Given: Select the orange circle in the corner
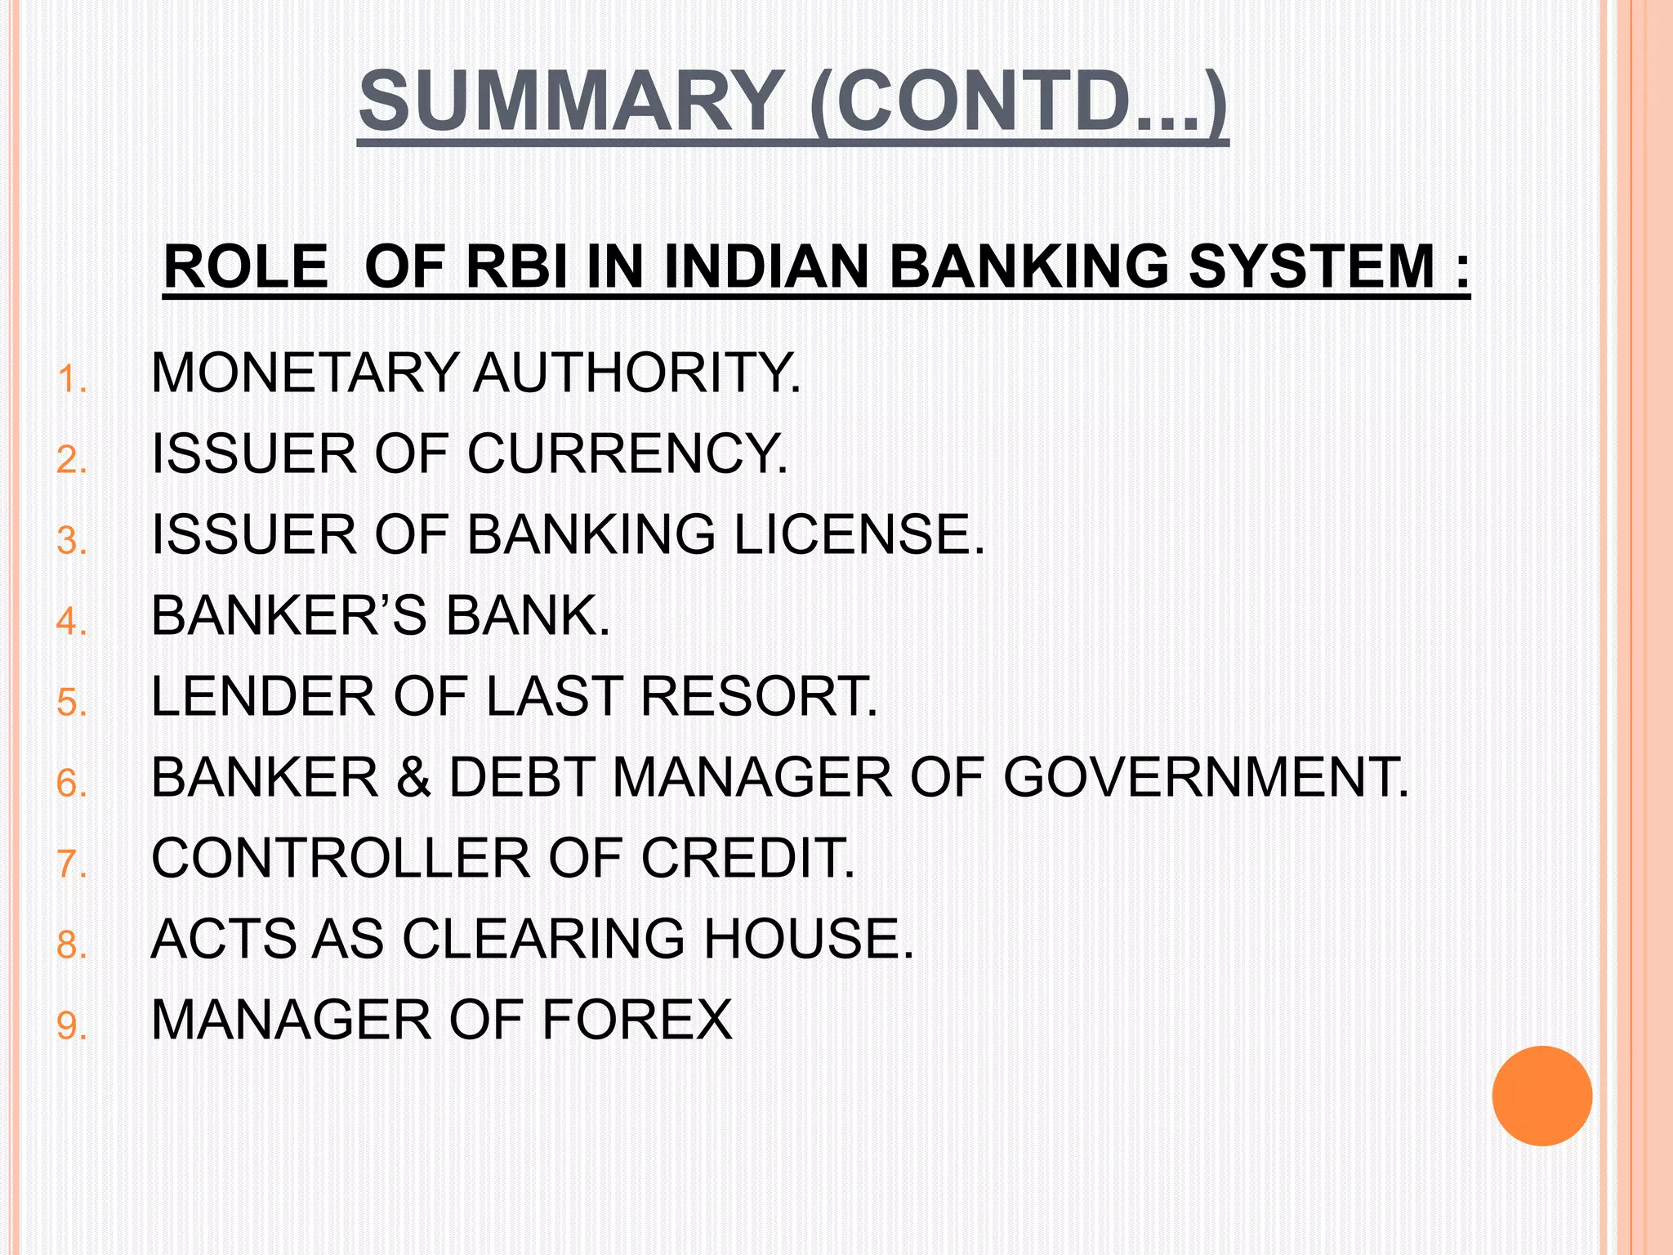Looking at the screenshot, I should [1541, 1096].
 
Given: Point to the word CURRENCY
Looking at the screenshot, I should [627, 453].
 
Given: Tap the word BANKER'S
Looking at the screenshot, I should [288, 615].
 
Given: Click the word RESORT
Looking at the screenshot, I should [759, 696].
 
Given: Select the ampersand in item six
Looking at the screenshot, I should [413, 777].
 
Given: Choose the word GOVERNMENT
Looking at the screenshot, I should [1205, 777].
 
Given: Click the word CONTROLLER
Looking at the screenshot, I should [341, 858].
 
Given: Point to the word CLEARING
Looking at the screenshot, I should [543, 938].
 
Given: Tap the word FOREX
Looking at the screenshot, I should [637, 1020].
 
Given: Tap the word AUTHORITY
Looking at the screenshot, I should [636, 373].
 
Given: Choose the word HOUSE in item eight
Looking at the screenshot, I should [808, 938].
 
